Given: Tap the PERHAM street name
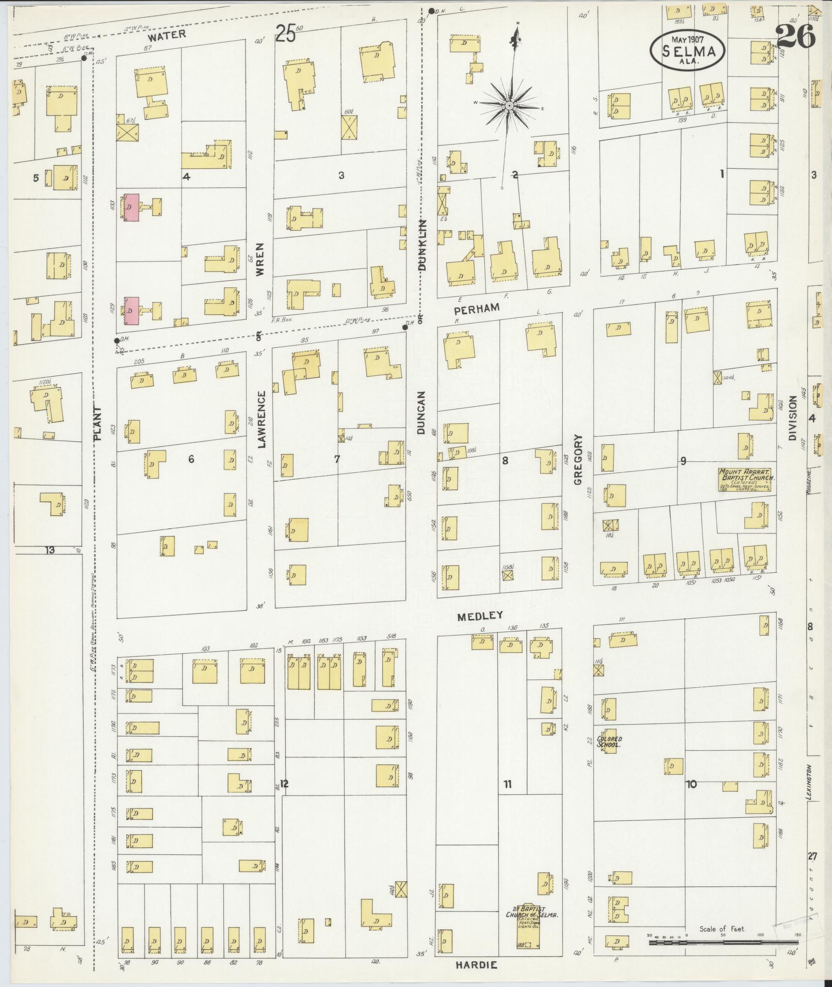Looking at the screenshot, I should click(477, 308).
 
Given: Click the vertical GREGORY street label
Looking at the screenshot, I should click(578, 459).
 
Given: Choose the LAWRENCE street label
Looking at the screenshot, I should click(262, 419).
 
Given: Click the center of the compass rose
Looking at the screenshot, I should click(509, 105).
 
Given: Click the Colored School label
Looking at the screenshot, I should click(609, 742).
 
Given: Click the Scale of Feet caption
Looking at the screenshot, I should click(722, 928).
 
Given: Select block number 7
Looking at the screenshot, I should click(337, 459).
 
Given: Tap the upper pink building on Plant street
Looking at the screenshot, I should click(132, 207).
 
